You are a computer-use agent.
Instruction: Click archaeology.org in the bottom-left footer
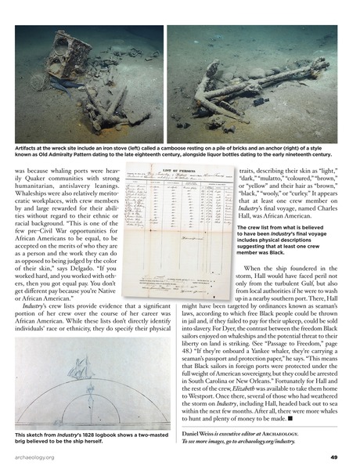[32, 458]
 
